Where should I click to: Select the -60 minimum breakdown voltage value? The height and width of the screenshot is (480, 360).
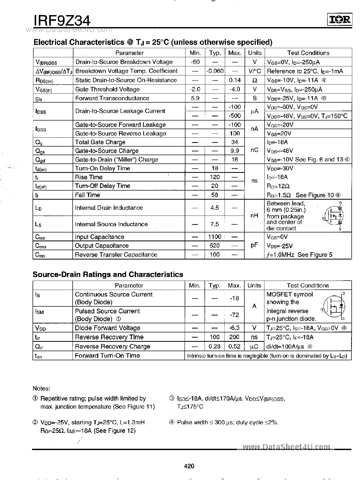(x=195, y=62)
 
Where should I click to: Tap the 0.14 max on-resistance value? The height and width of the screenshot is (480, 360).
(x=235, y=80)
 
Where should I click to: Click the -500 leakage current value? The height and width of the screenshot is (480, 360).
(x=235, y=116)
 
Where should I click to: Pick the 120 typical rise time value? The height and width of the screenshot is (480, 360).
(x=215, y=177)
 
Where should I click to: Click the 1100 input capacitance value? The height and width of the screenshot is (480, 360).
(x=215, y=237)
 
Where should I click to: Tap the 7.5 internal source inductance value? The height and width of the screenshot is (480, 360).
(x=215, y=224)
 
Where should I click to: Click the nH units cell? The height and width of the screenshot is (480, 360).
(x=254, y=216)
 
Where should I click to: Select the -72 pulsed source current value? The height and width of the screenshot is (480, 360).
(x=234, y=315)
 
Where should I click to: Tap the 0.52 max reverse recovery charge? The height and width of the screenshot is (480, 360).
(x=234, y=346)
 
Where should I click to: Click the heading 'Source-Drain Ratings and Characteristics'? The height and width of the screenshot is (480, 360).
(x=108, y=274)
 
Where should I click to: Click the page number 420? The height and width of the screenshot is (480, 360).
(x=189, y=466)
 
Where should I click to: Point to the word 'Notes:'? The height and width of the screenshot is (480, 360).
(x=41, y=389)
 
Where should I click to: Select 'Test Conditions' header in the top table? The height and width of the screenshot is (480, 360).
(x=308, y=53)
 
